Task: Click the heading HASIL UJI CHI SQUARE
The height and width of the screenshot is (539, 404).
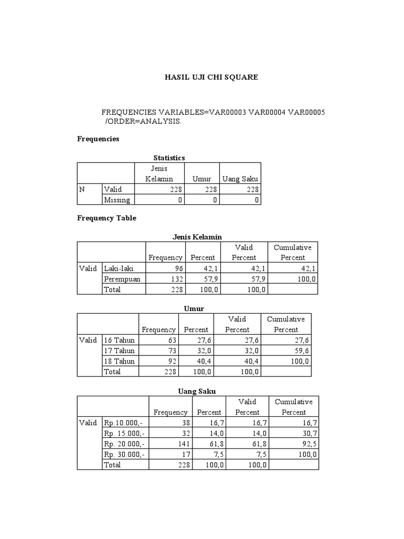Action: point(212,77)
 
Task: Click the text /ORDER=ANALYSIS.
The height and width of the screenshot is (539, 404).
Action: point(143,121)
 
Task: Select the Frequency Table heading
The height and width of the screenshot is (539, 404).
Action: point(107,218)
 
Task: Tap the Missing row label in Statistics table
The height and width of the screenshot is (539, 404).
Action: point(117,199)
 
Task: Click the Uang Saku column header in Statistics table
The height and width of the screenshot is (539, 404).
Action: point(240,179)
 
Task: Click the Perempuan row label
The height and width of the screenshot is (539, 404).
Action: point(122,279)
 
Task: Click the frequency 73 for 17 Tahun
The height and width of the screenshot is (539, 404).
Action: point(171,351)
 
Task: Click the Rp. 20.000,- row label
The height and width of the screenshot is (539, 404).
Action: point(125,444)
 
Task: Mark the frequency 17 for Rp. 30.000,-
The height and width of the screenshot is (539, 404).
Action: point(183,454)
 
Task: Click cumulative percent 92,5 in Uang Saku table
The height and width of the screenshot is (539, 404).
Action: point(309,444)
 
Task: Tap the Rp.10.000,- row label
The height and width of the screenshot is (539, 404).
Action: point(124,423)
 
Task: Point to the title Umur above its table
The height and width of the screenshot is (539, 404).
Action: point(194,308)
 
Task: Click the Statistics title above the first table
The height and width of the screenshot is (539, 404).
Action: point(169,157)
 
